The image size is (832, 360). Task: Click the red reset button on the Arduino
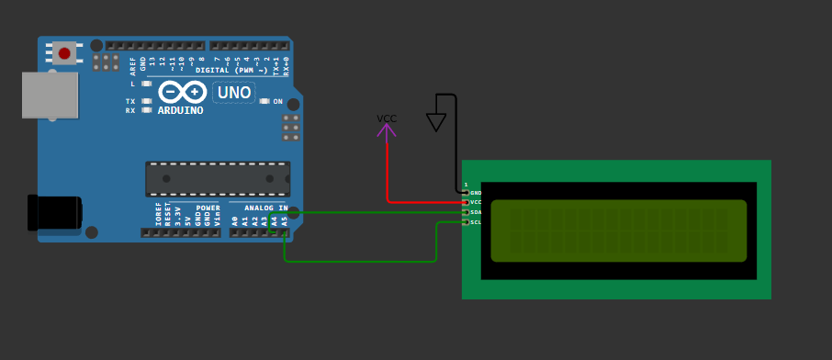click(x=64, y=53)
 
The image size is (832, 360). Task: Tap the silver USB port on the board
click(x=50, y=95)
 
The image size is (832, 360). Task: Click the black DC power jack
click(x=54, y=212)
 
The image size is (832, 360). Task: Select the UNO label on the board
click(x=233, y=92)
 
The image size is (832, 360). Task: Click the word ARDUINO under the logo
click(x=180, y=110)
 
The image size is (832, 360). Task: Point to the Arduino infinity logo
click(x=182, y=92)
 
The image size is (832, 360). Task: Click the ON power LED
click(x=264, y=101)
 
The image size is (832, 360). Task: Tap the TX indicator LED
click(x=146, y=101)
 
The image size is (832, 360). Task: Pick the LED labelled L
click(x=146, y=84)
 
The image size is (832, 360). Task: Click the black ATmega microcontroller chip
click(x=218, y=178)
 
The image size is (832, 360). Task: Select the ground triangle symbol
click(x=436, y=122)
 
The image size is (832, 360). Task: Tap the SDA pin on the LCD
click(x=466, y=212)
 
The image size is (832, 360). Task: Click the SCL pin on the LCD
click(x=466, y=222)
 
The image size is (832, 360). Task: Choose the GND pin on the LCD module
click(x=466, y=193)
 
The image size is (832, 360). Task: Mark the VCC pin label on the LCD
click(x=476, y=202)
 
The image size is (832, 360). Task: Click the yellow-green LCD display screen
click(x=618, y=231)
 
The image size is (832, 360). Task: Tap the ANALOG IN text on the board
click(x=265, y=208)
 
